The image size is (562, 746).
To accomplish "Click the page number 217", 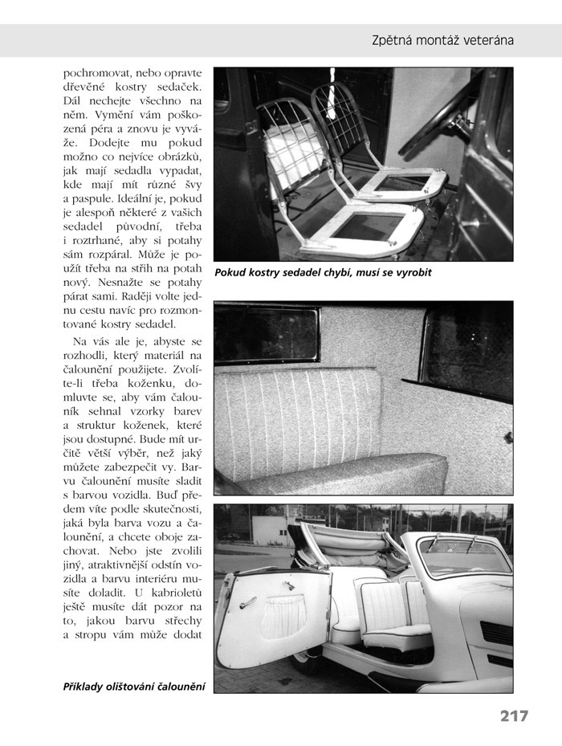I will [x=513, y=715].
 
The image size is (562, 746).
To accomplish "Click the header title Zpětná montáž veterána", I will [x=442, y=39].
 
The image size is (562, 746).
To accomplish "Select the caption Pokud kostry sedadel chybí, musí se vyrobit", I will [x=323, y=273].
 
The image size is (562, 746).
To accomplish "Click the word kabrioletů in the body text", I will [x=175, y=596].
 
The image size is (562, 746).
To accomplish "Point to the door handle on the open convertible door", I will [x=247, y=602].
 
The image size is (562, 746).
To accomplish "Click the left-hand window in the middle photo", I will [x=265, y=334].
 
